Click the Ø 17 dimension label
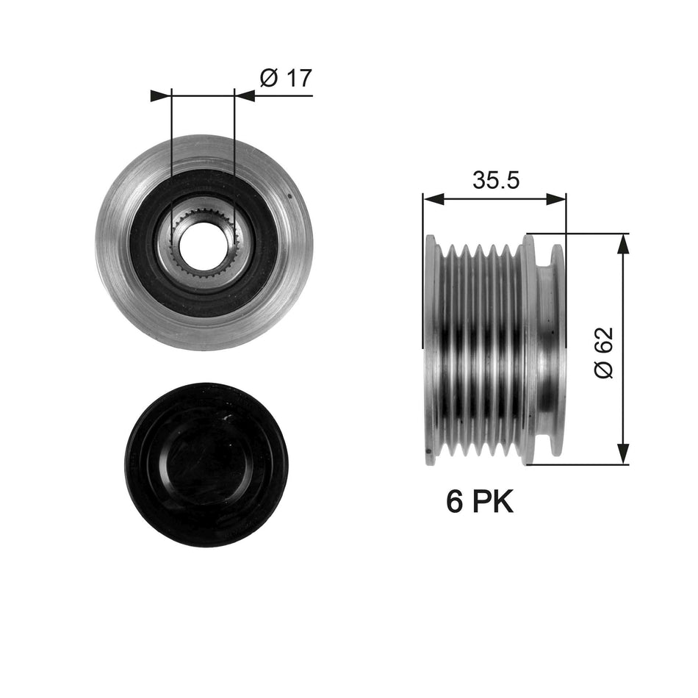286,78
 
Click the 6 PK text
479,502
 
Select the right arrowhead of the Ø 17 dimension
245,96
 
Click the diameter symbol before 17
268,78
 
